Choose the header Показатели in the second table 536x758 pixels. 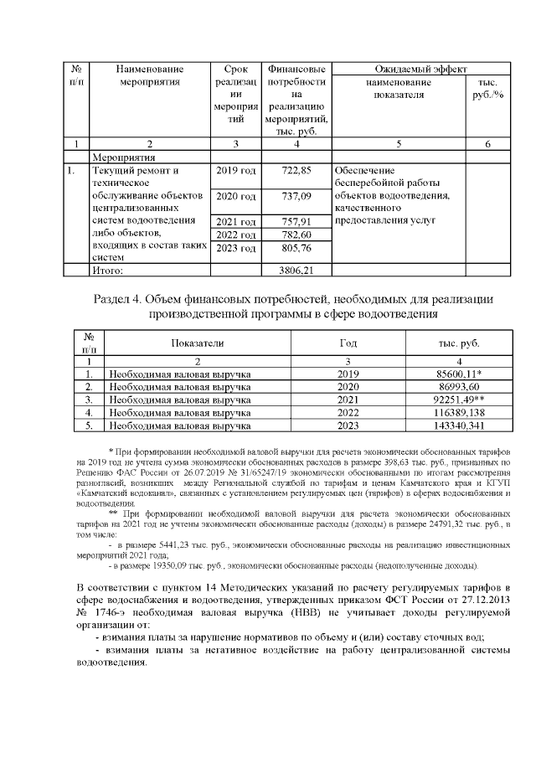tap(198, 344)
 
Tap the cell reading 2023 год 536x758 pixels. tap(236, 248)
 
